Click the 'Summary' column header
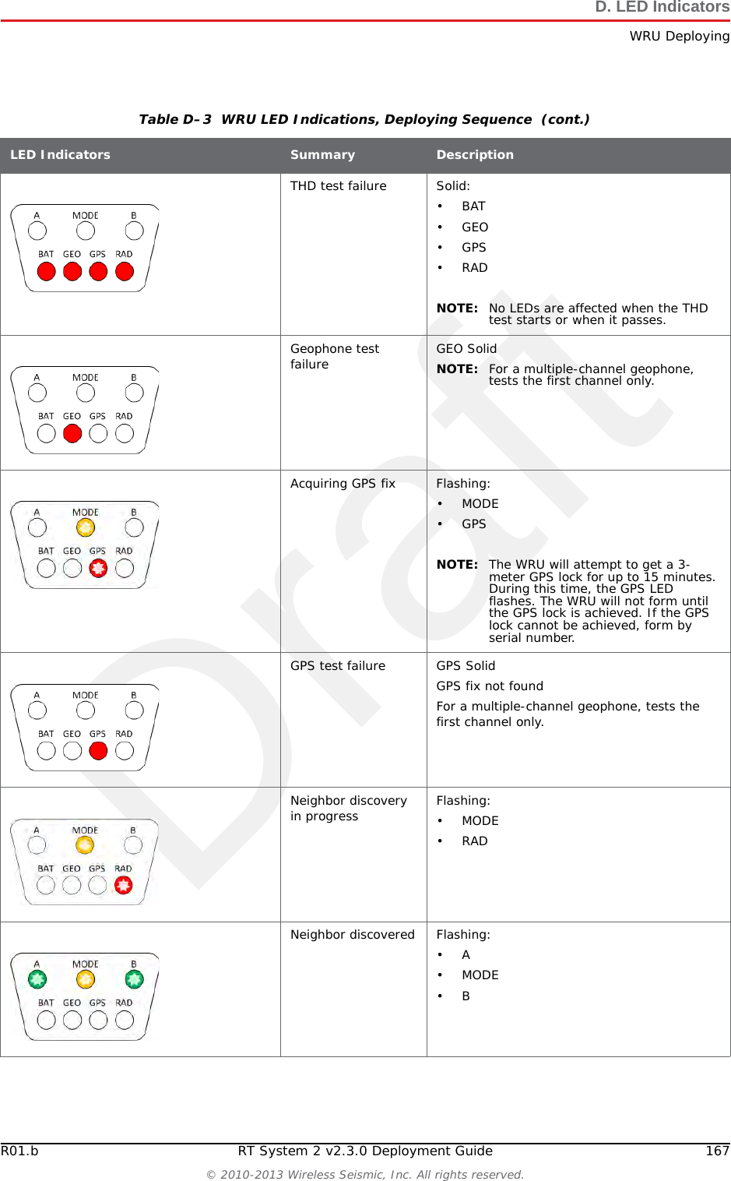point(322,155)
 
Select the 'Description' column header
point(475,155)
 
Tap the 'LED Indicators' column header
point(60,155)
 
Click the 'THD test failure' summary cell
point(338,186)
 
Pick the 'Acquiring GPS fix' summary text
point(343,484)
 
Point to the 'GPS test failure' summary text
point(337,666)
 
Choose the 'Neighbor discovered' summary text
point(352,935)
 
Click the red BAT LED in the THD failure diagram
point(47,272)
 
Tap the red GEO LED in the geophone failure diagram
point(72,434)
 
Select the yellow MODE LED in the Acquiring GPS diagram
point(86,528)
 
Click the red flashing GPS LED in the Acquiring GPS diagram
point(98,569)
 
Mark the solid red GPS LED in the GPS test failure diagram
point(98,751)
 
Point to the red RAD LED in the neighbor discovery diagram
point(123,886)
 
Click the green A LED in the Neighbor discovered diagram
point(37,979)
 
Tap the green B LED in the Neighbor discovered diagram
point(134,979)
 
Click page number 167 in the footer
point(717,1151)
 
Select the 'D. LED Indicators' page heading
point(662,8)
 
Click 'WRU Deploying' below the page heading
point(679,37)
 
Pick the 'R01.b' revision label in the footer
point(19,1151)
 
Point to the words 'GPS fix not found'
point(490,686)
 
